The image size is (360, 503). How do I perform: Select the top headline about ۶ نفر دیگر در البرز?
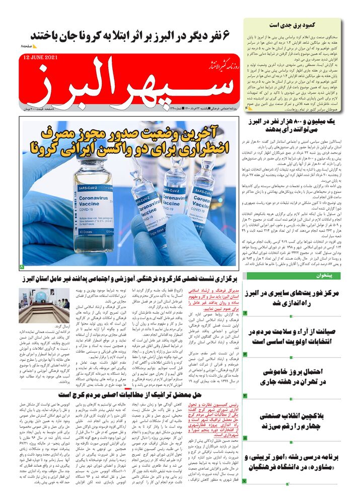(x=130, y=36)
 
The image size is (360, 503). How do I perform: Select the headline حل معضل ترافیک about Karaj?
(x=130, y=395)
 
